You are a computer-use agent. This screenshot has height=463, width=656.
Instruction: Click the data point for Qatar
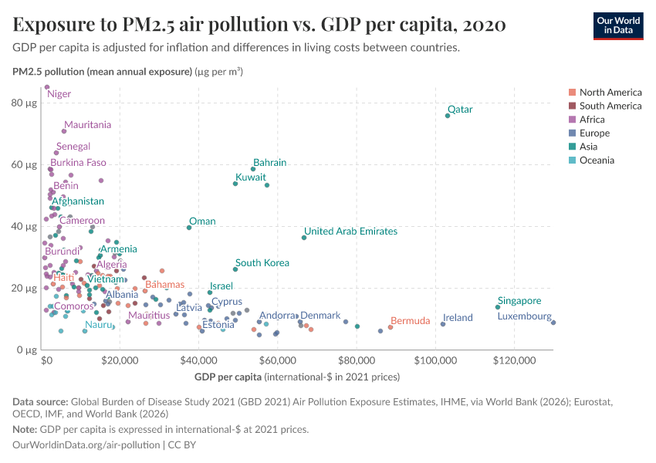tap(448, 116)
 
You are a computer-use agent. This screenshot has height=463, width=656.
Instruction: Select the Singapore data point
tap(498, 307)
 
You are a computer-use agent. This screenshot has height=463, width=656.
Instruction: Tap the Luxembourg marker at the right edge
tap(553, 323)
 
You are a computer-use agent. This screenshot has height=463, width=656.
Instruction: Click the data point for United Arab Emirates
tap(304, 238)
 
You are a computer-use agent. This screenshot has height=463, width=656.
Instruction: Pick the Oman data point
tap(189, 228)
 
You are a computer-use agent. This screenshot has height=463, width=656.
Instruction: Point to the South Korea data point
tap(235, 269)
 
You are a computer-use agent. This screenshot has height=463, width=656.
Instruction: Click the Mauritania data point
tap(64, 131)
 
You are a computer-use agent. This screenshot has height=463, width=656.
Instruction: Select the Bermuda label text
tap(410, 321)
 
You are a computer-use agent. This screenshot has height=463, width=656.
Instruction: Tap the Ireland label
tap(458, 318)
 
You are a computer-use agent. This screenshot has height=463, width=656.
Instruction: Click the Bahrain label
tap(269, 163)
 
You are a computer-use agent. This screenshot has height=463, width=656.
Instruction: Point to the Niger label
tap(59, 94)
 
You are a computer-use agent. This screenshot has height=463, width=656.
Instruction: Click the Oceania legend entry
tap(596, 161)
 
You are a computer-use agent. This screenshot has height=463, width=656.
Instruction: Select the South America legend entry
tap(610, 106)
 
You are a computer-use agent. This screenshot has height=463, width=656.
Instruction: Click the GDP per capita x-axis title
tap(227, 377)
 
